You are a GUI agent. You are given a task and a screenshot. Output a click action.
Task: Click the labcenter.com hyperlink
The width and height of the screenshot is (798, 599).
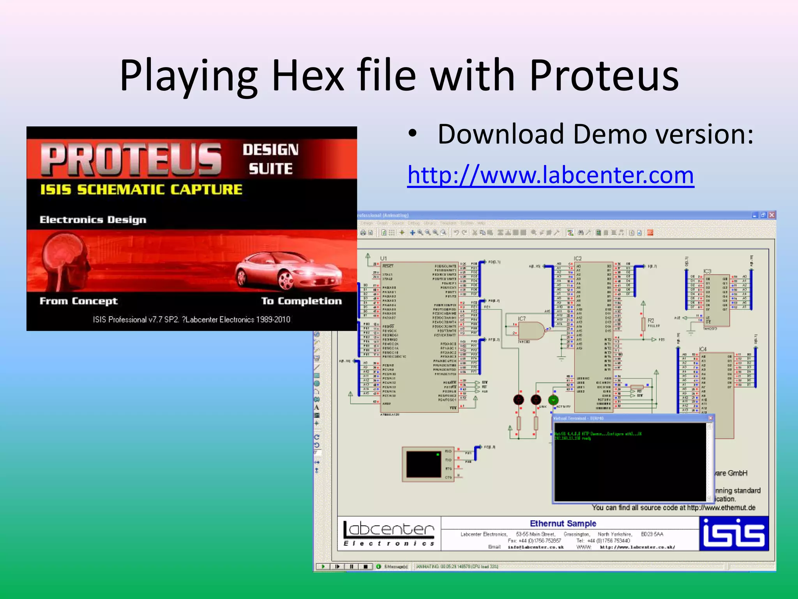tap(551, 175)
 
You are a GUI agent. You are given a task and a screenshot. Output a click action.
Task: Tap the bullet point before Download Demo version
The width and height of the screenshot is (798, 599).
tap(413, 134)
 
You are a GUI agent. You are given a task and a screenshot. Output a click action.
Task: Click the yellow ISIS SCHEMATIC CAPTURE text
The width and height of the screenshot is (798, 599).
tap(141, 190)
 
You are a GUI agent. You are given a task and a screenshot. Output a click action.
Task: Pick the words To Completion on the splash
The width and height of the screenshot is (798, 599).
tap(301, 301)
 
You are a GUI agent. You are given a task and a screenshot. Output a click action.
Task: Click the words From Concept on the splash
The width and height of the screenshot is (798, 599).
tap(78, 301)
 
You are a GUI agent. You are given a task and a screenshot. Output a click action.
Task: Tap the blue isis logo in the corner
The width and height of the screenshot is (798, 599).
tap(734, 533)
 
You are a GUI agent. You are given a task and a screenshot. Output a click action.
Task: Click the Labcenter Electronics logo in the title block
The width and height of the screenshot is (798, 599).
tap(389, 533)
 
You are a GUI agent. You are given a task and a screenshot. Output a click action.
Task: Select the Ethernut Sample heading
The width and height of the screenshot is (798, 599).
tap(563, 523)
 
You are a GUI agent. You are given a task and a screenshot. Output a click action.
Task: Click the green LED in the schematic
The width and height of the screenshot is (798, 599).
tap(553, 400)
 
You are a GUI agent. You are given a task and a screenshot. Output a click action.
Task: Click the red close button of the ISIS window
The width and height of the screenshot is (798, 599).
tap(772, 215)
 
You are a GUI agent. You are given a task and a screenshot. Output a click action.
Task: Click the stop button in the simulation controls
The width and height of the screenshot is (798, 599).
tap(365, 566)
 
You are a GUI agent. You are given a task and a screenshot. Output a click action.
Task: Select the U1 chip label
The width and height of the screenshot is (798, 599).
tap(383, 258)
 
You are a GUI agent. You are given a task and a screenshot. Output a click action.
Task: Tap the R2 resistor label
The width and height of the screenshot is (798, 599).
tap(651, 321)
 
